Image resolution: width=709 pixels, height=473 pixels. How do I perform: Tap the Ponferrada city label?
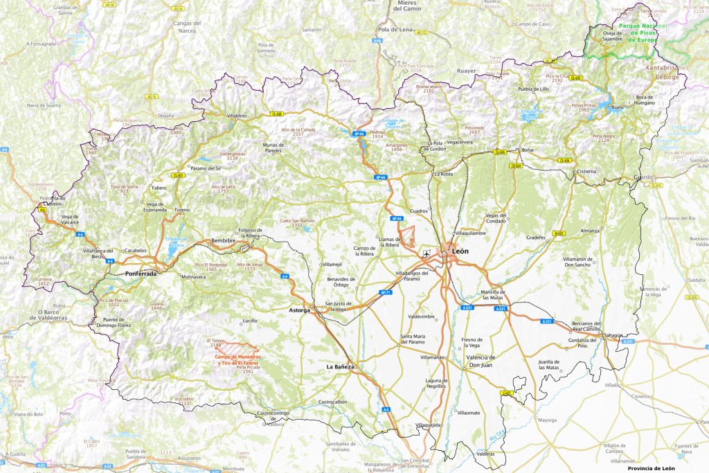tap(141, 274)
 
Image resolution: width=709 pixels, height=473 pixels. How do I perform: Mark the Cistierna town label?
tap(586, 171)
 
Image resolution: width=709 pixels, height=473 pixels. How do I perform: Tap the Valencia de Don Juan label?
tap(476, 361)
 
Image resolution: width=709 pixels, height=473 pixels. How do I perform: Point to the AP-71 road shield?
tap(386, 292)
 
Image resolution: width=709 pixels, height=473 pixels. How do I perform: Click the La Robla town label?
tap(443, 175)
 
